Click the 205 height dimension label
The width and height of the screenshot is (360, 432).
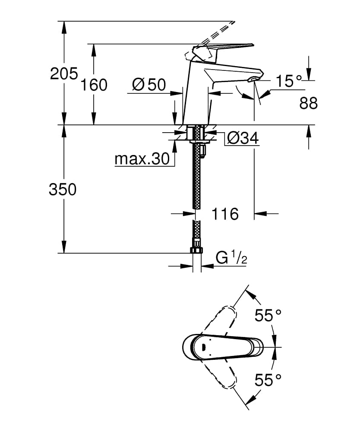click(64, 74)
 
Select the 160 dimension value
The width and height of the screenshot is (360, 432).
click(94, 85)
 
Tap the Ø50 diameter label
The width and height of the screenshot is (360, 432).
click(149, 84)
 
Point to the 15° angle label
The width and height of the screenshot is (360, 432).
click(288, 81)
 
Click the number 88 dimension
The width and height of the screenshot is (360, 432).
click(309, 103)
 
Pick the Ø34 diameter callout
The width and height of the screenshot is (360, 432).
click(243, 138)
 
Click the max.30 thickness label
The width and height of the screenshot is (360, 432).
click(142, 159)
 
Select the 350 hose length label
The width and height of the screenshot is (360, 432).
click(63, 190)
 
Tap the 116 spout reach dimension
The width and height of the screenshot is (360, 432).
click(225, 214)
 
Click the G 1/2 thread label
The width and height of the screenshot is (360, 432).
click(231, 258)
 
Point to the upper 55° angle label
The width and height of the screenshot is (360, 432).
click(268, 315)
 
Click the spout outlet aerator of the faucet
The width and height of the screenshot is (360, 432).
click(253, 79)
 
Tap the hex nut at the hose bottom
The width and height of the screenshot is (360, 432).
click(196, 250)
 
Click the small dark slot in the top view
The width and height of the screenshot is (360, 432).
click(203, 347)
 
